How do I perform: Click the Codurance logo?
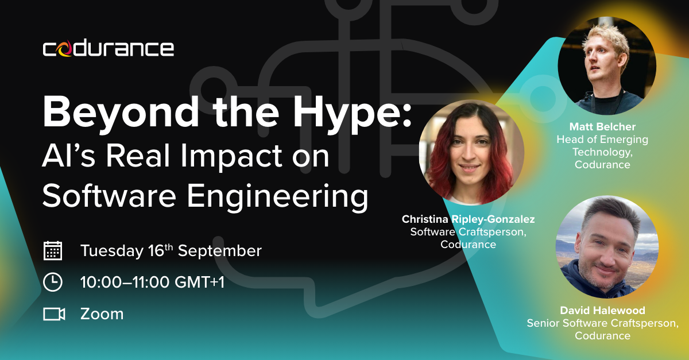pos(109,49)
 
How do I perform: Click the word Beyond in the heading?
pos(121,113)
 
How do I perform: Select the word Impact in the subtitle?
pos(231,156)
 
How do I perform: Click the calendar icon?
pos(53,251)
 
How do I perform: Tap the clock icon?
pos(53,282)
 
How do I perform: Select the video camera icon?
pos(54,314)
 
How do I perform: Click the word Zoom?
pos(102,314)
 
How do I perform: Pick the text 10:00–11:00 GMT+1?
pos(152,282)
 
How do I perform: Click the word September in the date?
pos(219,251)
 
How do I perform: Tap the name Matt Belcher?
pos(602,126)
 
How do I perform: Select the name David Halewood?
pos(602,310)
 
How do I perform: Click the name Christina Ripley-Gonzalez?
pos(468,219)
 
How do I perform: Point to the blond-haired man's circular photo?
pos(607,65)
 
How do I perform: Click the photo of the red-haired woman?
pos(471,152)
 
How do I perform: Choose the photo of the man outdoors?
pos(607,247)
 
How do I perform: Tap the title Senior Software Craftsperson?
pos(602,323)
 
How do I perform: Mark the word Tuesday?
pos(112,251)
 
